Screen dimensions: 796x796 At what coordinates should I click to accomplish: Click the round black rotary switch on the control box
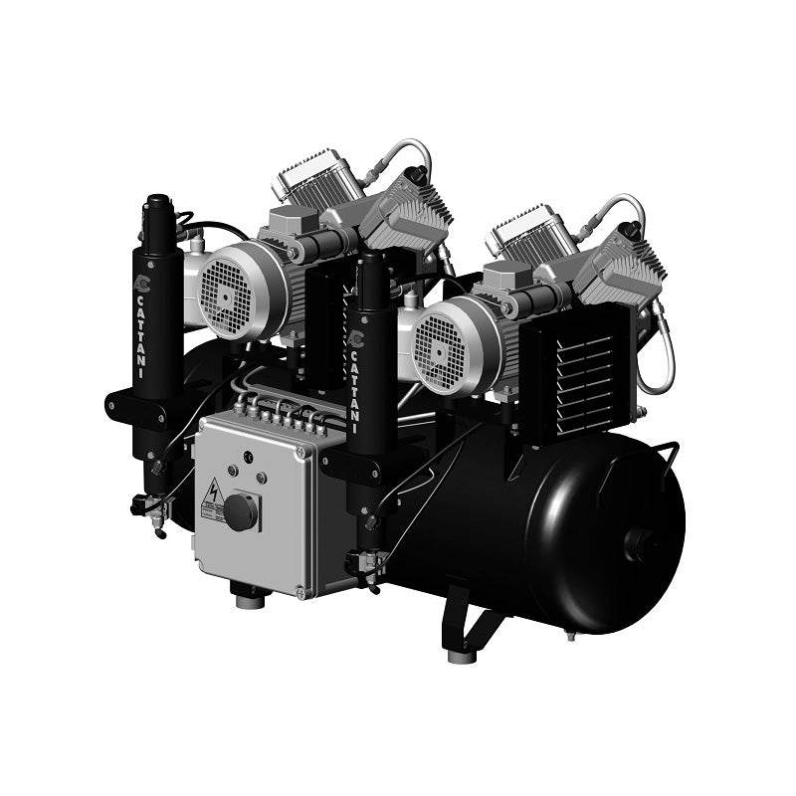pyautogui.click(x=240, y=511)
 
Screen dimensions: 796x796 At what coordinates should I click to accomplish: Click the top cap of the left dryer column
pyautogui.click(x=156, y=205)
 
